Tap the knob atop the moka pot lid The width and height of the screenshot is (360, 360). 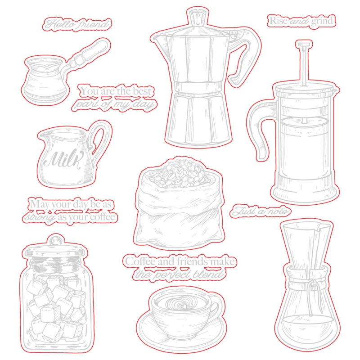point(197,18)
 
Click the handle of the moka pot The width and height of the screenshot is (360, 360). point(244,58)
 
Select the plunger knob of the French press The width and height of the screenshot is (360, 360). point(304,44)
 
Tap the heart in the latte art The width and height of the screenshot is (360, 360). point(180,306)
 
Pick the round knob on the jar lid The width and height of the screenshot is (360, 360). point(55,241)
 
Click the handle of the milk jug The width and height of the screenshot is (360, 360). point(99,137)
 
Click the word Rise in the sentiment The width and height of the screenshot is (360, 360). point(278,21)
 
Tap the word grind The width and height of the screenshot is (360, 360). point(322,21)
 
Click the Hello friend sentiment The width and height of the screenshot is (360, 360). point(77,24)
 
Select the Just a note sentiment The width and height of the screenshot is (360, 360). point(261,211)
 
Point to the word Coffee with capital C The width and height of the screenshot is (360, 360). point(140,261)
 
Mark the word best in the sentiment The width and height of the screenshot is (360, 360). point(142,91)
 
